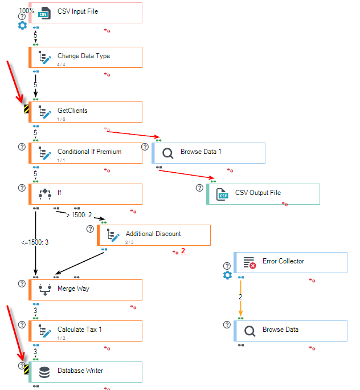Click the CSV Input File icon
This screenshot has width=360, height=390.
click(45, 13)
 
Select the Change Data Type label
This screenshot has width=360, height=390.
click(84, 56)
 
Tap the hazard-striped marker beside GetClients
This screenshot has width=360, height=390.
click(26, 109)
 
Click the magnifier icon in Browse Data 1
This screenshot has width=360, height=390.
click(168, 153)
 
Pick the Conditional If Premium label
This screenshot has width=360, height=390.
click(89, 152)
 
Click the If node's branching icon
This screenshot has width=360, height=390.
click(45, 194)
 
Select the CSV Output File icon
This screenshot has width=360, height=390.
click(222, 194)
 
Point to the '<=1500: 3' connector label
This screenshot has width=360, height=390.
click(35, 242)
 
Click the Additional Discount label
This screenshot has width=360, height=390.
click(153, 234)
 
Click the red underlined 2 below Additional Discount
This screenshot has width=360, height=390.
click(183, 251)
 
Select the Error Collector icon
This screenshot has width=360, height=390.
click(249, 263)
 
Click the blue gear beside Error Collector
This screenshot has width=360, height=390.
click(227, 275)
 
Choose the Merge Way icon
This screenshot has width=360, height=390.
click(45, 290)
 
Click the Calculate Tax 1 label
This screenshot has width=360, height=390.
click(80, 330)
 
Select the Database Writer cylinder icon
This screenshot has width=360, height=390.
click(44, 372)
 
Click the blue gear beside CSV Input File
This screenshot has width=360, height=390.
click(22, 25)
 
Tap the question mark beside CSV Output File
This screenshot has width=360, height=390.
click(199, 188)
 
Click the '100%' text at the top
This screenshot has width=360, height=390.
click(27, 11)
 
